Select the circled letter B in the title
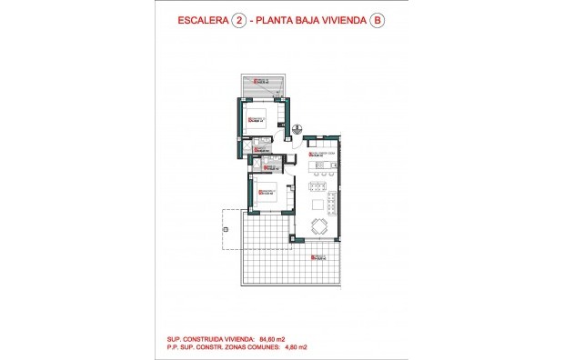click(377, 23)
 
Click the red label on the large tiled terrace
click(317, 258)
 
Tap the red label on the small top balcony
click(261, 82)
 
